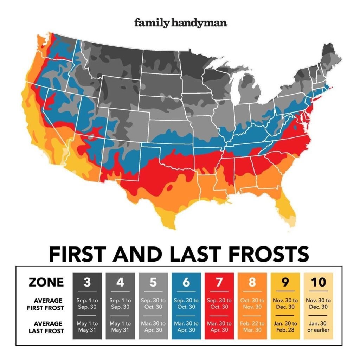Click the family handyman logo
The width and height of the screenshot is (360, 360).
tap(181, 23)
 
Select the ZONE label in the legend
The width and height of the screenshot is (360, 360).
tap(46, 282)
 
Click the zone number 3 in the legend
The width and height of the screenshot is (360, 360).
tap(87, 282)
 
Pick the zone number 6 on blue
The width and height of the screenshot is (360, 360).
tap(186, 282)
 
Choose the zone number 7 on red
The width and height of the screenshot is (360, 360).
tap(219, 282)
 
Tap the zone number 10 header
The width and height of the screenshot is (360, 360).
tap(319, 282)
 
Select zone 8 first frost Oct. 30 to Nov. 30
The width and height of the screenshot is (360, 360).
tap(252, 304)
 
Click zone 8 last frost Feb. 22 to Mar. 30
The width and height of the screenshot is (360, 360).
tap(252, 327)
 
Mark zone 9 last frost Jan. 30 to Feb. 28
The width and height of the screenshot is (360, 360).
tap(285, 327)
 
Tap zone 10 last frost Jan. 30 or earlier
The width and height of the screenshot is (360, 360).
tap(319, 327)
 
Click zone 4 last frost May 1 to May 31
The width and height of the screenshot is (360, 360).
tap(120, 327)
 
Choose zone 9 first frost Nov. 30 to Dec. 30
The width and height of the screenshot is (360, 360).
tap(285, 304)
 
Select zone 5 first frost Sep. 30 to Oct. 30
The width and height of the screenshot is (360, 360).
tap(153, 304)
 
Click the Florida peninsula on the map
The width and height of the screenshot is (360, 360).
tap(287, 207)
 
